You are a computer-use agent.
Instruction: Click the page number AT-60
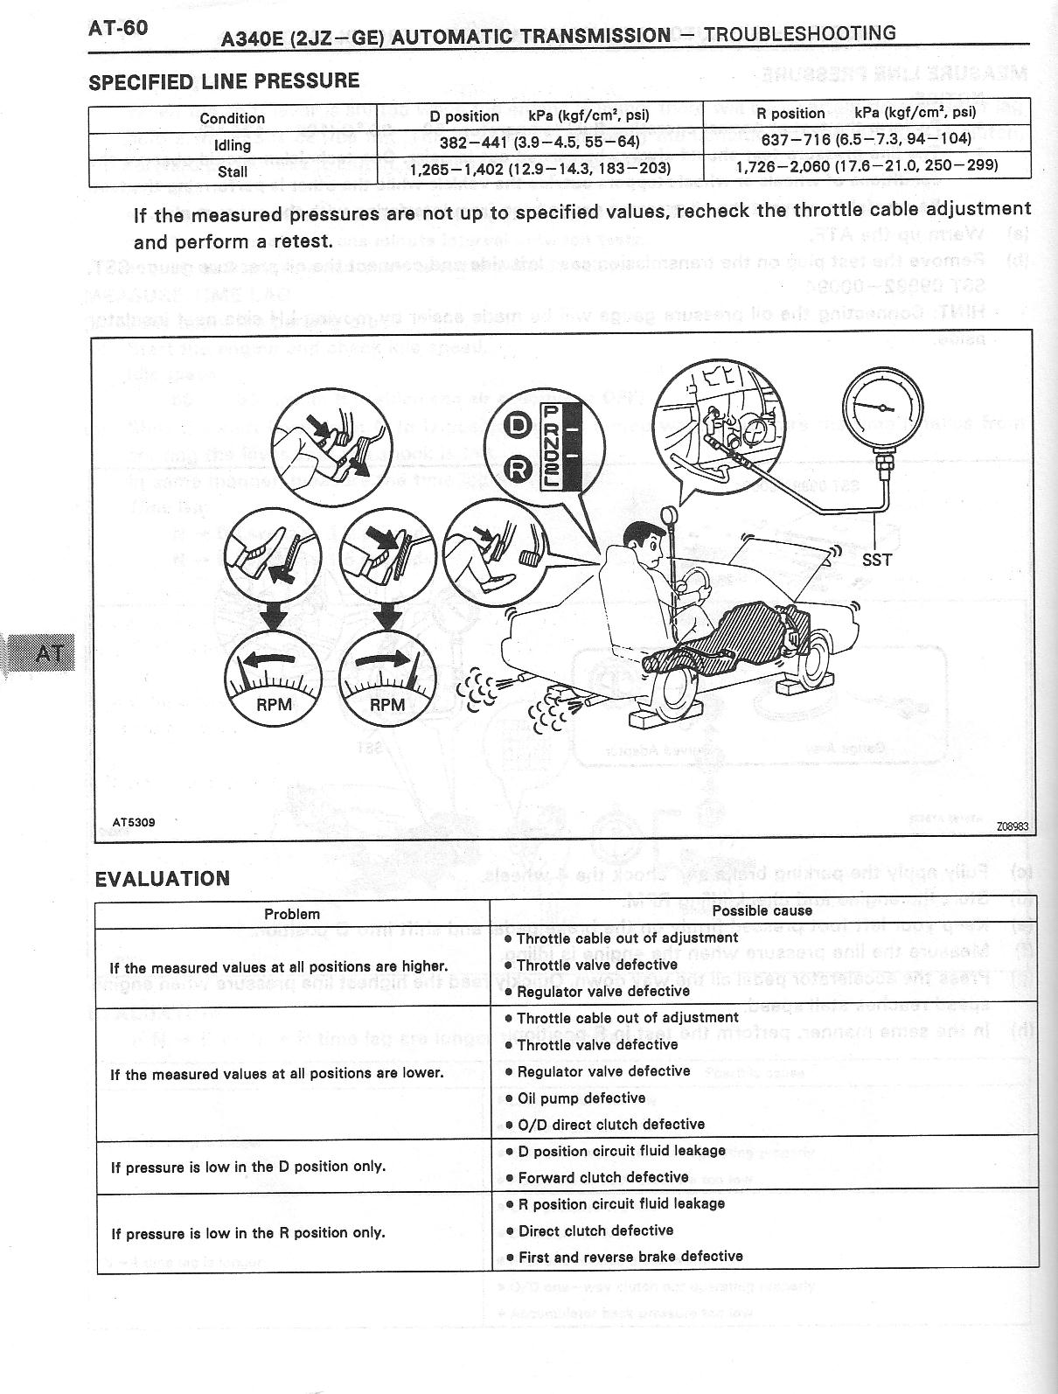tap(118, 28)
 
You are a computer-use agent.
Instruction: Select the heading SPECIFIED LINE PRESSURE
tap(224, 81)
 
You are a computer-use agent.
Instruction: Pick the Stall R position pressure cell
tap(867, 166)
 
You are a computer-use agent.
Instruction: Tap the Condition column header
tap(232, 118)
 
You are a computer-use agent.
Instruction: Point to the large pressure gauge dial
tap(881, 408)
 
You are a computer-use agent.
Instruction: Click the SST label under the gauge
tap(876, 560)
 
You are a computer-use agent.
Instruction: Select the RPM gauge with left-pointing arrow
tap(274, 677)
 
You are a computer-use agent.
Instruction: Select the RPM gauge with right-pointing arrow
tap(387, 677)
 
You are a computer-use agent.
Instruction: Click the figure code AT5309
tap(134, 822)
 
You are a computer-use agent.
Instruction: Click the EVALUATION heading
tap(163, 879)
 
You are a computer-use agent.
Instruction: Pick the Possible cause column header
tap(762, 910)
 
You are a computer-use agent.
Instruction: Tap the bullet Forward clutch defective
tap(602, 1177)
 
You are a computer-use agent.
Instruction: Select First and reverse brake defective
tap(630, 1257)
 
